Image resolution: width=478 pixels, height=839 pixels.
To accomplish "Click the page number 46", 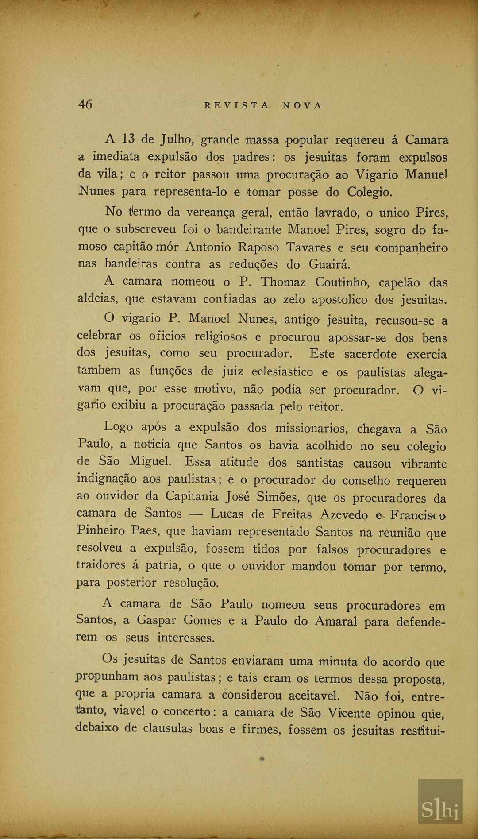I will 85,104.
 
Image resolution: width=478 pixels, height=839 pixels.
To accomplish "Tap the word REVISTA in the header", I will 236,105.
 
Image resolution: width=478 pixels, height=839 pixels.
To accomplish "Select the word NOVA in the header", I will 302,105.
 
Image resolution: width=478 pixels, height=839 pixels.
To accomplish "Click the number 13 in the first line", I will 128,139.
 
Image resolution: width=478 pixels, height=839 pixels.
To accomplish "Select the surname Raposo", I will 258,247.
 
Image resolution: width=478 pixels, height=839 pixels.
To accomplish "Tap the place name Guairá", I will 329,264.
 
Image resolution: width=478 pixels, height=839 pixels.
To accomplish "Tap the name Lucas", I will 227,514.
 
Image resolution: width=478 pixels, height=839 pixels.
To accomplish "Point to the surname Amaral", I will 335,621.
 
